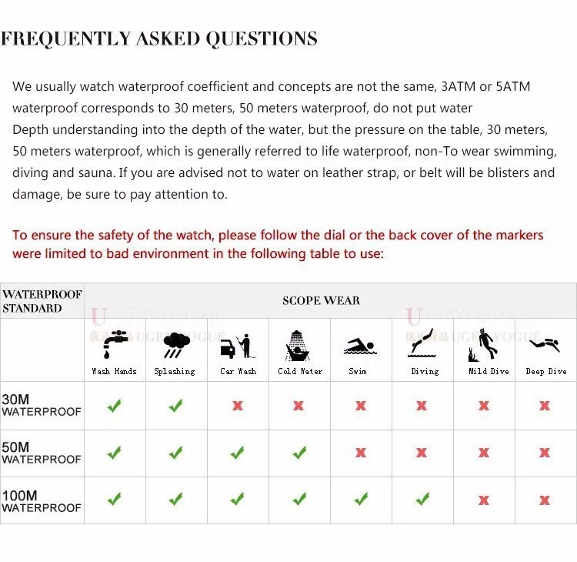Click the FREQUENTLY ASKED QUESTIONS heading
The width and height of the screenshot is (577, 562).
[x=158, y=38]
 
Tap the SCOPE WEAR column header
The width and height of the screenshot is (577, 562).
[x=321, y=300]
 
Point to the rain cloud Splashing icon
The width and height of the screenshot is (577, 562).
[x=176, y=346]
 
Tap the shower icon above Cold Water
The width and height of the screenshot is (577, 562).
[x=299, y=346]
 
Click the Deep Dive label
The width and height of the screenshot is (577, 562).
[x=545, y=371]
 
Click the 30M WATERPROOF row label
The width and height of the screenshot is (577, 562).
[x=41, y=406]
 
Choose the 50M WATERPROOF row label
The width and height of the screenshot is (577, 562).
[x=41, y=453]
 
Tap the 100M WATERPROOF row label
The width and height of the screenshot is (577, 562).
[x=41, y=501]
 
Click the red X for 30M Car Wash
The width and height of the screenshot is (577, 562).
[x=238, y=406]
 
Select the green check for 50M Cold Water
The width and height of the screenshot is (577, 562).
[x=299, y=453]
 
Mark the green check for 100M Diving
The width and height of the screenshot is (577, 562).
[x=422, y=500]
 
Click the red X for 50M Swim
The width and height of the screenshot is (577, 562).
[x=360, y=453]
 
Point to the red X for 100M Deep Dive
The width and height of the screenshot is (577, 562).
[x=545, y=500]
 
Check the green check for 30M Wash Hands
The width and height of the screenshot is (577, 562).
[x=115, y=406]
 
